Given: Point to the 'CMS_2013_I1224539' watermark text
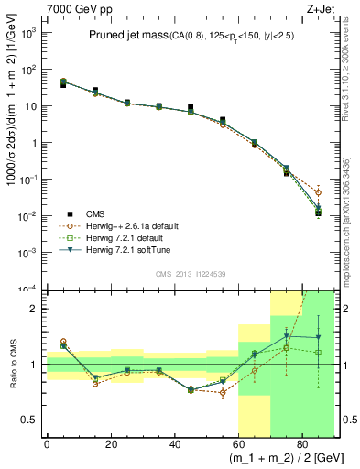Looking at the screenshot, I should [190, 272].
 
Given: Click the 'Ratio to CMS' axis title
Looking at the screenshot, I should [12, 365].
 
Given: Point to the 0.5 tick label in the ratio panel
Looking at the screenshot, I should [27, 420].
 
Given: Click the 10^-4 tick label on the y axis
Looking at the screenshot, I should [27, 289].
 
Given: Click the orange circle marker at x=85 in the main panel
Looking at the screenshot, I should [318, 192].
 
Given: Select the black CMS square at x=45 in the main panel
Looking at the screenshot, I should [191, 108].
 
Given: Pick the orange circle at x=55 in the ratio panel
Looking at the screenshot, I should [223, 393].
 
